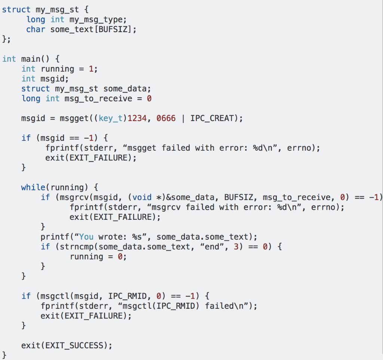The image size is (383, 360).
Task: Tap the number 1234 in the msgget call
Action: coord(137,119)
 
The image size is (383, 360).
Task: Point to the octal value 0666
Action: coord(166,119)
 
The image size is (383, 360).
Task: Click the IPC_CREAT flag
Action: coord(212,119)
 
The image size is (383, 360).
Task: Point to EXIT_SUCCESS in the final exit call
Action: coord(77,345)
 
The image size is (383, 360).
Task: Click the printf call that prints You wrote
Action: coord(53,237)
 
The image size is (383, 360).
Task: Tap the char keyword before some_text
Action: coord(36,29)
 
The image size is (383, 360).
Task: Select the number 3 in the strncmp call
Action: coord(236,247)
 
